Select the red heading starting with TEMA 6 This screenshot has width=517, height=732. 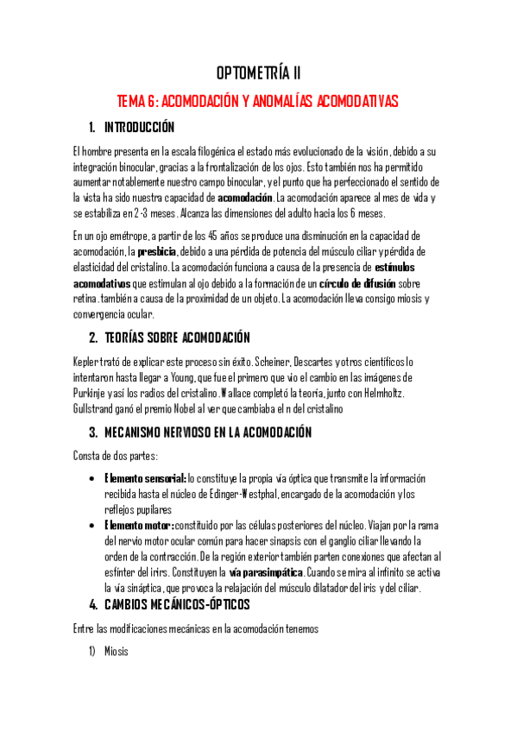point(258,102)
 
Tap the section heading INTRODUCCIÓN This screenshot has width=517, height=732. point(139,128)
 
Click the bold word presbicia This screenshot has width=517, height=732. point(156,250)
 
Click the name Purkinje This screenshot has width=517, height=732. point(91,394)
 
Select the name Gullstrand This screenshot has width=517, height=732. point(95,410)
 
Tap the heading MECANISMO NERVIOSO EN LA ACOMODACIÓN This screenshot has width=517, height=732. point(207,432)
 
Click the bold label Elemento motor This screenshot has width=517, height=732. point(137,525)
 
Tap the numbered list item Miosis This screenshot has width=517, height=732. point(116,652)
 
